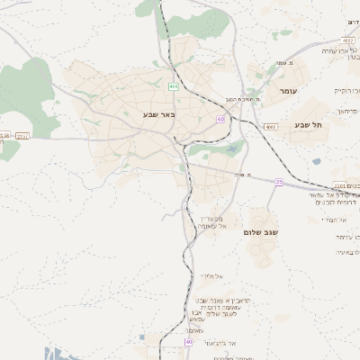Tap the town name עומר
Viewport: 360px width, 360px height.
(x=288, y=91)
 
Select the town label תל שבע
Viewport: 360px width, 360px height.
(x=308, y=125)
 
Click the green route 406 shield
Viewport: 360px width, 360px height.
(x=173, y=86)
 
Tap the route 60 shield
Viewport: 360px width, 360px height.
(x=220, y=119)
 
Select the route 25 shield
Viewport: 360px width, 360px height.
(x=279, y=183)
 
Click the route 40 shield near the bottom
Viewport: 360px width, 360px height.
(x=189, y=342)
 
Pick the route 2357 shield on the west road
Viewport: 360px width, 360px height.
(x=22, y=136)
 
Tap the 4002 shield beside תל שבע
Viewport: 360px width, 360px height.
(x=270, y=127)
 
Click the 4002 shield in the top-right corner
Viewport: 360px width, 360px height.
(x=348, y=40)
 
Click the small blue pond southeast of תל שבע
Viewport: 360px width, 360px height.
(x=316, y=162)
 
